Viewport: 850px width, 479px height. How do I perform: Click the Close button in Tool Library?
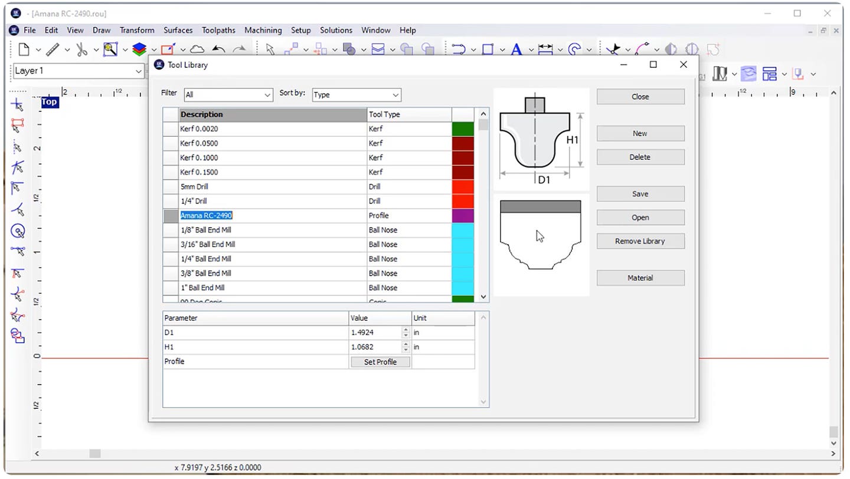point(640,97)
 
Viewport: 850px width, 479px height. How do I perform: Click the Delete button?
point(640,158)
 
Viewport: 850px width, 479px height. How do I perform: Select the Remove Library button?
point(640,241)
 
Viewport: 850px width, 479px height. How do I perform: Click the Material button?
point(640,278)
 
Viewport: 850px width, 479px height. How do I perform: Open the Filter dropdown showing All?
point(228,95)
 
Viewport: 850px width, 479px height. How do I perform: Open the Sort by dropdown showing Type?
point(356,95)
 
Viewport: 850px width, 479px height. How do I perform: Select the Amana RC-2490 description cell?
point(272,216)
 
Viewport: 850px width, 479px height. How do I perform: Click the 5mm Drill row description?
point(272,187)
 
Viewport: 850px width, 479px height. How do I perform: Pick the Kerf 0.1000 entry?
point(272,158)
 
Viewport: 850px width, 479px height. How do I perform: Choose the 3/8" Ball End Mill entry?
point(272,274)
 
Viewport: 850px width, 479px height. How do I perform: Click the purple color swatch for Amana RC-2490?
point(463,216)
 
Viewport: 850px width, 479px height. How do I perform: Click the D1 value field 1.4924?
point(375,333)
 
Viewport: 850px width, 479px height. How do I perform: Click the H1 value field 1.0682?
point(375,347)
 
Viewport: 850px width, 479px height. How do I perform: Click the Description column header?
point(272,114)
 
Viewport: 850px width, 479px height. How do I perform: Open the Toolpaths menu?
point(218,30)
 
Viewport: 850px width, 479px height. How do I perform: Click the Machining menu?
point(263,30)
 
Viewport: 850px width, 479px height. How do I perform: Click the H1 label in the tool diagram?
point(572,140)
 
